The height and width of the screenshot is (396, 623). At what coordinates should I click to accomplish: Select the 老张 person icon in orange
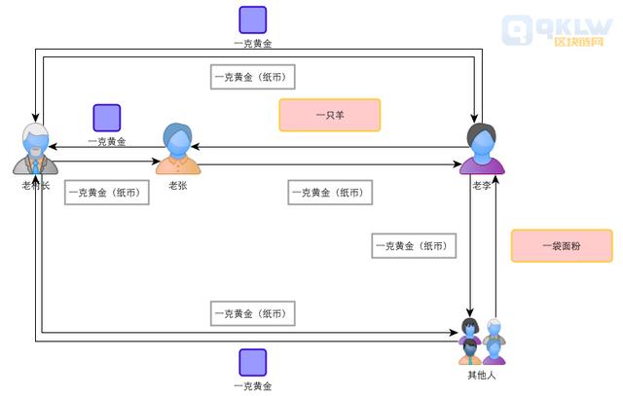click(178, 149)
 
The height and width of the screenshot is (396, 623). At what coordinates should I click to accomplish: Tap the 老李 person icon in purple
click(483, 149)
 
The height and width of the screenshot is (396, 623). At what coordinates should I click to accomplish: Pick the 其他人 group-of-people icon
click(482, 341)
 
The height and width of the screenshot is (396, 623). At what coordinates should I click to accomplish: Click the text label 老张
click(177, 185)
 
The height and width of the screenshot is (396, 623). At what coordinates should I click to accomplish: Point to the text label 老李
click(482, 185)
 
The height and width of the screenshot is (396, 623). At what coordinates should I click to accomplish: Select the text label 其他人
click(482, 375)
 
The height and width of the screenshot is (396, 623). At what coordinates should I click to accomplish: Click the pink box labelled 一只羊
click(329, 115)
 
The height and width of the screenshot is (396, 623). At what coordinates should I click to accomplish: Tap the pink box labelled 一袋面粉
click(562, 245)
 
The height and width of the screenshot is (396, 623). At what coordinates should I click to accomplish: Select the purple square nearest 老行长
click(106, 118)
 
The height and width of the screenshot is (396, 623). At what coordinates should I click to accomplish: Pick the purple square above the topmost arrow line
click(253, 19)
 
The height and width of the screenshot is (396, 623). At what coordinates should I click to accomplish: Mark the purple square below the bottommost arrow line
click(253, 362)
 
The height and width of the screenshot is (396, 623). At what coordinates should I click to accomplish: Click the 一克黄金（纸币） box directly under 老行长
click(108, 193)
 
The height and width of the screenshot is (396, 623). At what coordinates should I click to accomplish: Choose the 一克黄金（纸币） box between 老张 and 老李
click(330, 193)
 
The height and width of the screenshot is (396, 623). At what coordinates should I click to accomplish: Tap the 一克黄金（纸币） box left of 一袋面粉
click(415, 246)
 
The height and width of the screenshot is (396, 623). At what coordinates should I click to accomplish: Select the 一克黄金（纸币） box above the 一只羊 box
click(253, 77)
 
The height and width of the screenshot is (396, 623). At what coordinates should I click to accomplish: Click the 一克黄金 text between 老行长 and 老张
click(107, 141)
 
